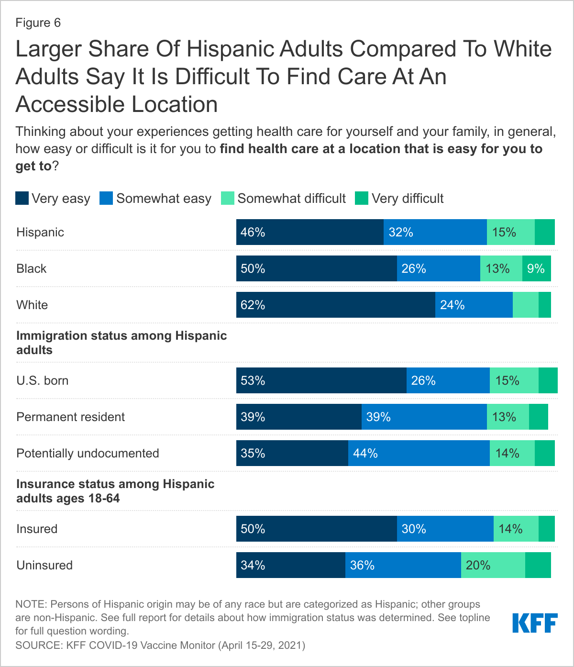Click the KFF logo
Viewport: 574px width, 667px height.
coord(535,623)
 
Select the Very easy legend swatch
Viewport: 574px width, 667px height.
coord(22,198)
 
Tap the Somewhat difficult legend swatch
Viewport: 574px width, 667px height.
coord(228,198)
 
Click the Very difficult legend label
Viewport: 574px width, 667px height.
coord(408,199)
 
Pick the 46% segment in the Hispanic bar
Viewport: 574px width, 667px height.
coord(309,232)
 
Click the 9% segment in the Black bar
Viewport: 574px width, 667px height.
coord(536,268)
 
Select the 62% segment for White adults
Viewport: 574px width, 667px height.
coord(335,305)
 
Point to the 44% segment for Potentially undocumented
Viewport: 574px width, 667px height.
coord(419,453)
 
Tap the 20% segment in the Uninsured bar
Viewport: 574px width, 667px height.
coord(493,565)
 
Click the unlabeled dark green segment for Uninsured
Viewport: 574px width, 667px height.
coord(538,565)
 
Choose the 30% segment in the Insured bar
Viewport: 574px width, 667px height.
coord(445,529)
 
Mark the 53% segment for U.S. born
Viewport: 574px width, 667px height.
coord(321,380)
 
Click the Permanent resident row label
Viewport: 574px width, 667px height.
coord(71,417)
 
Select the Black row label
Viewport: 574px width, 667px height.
coord(32,268)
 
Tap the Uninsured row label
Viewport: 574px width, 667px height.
coord(44,565)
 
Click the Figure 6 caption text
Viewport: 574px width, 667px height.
coord(38,23)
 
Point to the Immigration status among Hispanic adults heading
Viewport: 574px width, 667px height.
coord(121,343)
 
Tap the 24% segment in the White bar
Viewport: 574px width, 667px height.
coord(474,305)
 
